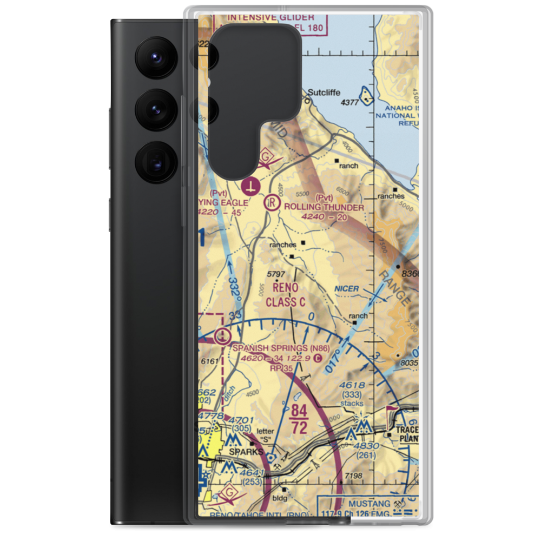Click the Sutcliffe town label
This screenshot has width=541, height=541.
[322, 93]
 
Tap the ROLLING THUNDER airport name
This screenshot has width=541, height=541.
[324, 207]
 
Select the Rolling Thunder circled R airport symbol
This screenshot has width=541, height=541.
[270, 203]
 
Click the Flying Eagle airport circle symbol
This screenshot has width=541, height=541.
[250, 187]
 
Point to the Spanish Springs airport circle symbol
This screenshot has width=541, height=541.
[222, 337]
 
